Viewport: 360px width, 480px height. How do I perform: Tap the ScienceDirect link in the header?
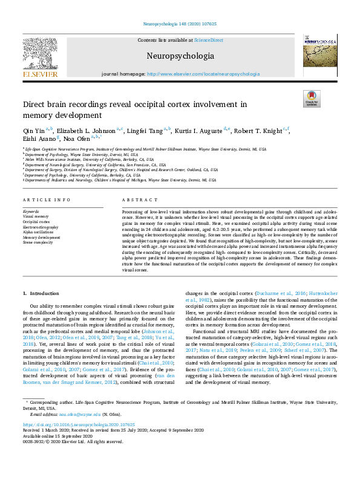pyautogui.click(x=208, y=40)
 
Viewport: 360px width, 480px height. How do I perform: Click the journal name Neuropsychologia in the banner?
pyautogui.click(x=180, y=56)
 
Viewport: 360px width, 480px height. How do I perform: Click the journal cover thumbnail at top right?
pyautogui.click(x=320, y=55)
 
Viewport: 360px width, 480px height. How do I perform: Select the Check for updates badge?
pyautogui.click(x=310, y=99)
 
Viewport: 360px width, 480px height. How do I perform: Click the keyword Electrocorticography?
pyautogui.click(x=41, y=227)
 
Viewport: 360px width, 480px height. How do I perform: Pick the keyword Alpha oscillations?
pyautogui.click(x=38, y=232)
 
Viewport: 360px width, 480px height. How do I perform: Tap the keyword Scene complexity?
pyautogui.click(x=38, y=242)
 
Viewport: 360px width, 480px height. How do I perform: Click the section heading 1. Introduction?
pyautogui.click(x=41, y=293)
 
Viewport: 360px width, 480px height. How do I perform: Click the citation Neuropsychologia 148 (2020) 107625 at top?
pyautogui.click(x=180, y=24)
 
